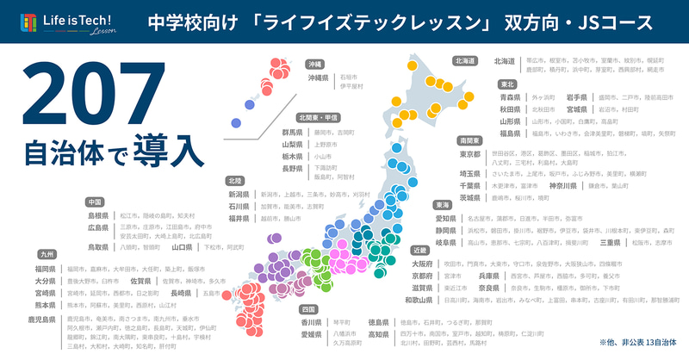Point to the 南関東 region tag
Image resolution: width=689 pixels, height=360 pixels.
[x=470, y=140]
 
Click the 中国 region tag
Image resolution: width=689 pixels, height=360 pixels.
[x=96, y=202]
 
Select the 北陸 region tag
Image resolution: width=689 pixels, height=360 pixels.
[x=235, y=181]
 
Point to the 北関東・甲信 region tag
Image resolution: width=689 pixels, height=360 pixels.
[x=317, y=117]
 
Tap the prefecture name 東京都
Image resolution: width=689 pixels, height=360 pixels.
[x=469, y=154]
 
